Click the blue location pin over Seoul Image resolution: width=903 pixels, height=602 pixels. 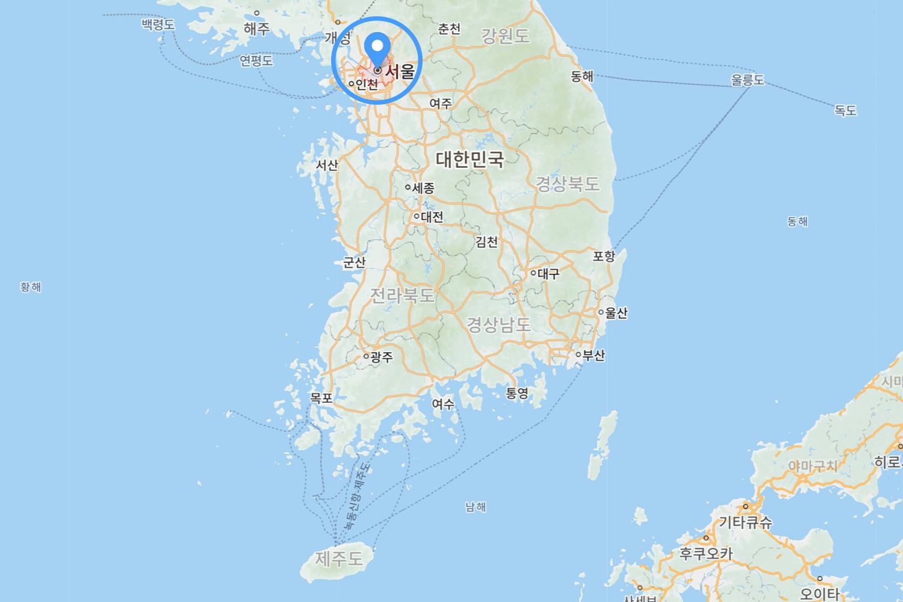377,46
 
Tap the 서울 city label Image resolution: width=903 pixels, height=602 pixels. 400,72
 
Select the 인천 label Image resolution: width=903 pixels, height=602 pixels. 367,84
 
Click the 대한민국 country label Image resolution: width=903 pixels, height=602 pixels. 470,160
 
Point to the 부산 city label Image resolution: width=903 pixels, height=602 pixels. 594,355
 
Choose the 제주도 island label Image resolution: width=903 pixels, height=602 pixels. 339,559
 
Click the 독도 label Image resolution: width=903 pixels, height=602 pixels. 845,111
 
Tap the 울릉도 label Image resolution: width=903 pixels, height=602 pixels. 747,79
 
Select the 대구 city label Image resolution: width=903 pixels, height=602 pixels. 548,273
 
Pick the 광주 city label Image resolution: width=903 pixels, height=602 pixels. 382,357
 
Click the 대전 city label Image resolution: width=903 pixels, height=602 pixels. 432,217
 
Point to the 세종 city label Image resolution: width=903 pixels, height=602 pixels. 423,188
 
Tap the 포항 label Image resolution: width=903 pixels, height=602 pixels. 604,256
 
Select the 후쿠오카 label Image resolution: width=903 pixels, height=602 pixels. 706,553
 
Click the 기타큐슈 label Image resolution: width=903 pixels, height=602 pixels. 745,522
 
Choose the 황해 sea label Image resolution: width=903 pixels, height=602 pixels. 31,287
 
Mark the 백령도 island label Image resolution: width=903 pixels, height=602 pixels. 158,25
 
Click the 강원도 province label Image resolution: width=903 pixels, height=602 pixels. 506,36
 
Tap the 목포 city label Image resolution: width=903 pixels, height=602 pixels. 321,398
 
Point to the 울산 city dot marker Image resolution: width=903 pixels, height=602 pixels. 601,312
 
